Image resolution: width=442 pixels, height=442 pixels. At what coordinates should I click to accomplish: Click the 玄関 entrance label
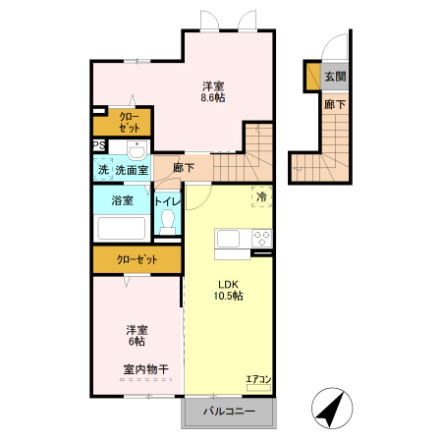pyautogui.click(x=334, y=77)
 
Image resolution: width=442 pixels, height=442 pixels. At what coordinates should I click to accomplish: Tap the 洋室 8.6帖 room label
pyautogui.click(x=214, y=91)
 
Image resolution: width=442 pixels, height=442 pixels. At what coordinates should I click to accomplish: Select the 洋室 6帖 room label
pyautogui.click(x=136, y=335)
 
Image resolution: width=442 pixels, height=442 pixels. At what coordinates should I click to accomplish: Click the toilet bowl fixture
pyautogui.click(x=167, y=221)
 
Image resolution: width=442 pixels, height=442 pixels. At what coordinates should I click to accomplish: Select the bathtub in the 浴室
pyautogui.click(x=122, y=230)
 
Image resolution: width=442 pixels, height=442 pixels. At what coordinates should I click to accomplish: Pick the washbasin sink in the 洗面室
pyautogui.click(x=136, y=150)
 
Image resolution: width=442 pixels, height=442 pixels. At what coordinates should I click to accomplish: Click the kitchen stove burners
pyautogui.click(x=261, y=238)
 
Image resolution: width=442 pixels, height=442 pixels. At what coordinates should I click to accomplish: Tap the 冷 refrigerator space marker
pyautogui.click(x=261, y=195)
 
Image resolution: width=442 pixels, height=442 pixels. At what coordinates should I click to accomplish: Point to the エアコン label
pyautogui.click(x=259, y=376)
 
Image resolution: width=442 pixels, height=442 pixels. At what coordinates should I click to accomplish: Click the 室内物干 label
pyautogui.click(x=145, y=369)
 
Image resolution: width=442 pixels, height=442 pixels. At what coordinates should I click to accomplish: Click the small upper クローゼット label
pyautogui.click(x=130, y=123)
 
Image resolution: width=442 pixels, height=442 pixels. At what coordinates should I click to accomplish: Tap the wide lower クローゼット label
pyautogui.click(x=137, y=260)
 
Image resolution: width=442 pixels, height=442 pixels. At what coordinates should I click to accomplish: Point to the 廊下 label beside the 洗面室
pyautogui.click(x=182, y=168)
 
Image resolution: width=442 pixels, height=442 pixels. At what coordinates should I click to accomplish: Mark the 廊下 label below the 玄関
pyautogui.click(x=334, y=103)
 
